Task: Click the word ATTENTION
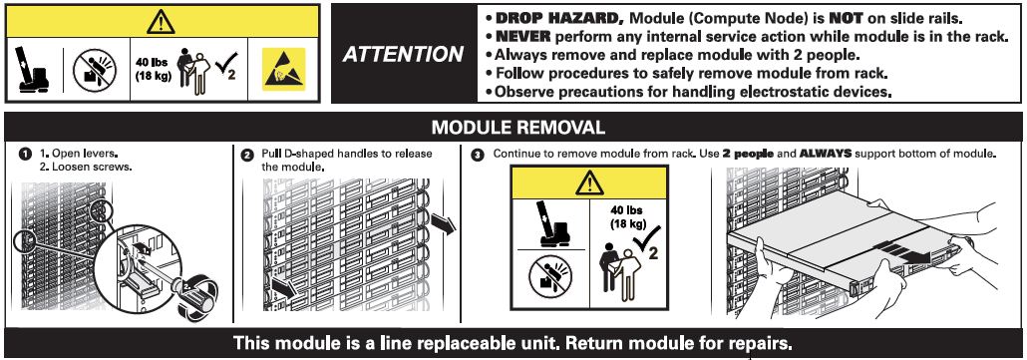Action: point(403,54)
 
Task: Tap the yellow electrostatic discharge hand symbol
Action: point(284,69)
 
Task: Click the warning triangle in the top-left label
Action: point(161,22)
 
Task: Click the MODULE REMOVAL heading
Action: point(517,127)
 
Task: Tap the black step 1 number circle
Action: point(26,155)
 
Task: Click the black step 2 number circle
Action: point(247,156)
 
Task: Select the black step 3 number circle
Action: point(479,156)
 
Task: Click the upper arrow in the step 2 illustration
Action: point(444,222)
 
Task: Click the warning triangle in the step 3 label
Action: point(589,182)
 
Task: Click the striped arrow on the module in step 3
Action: point(900,252)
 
